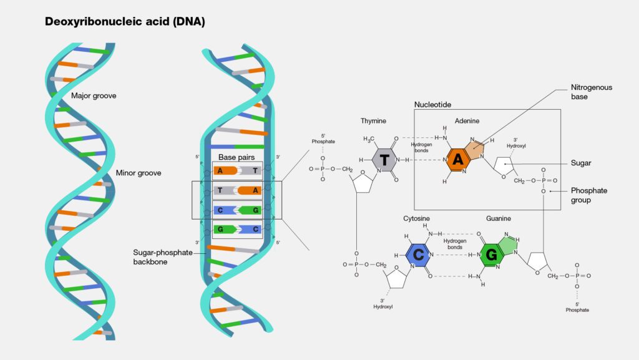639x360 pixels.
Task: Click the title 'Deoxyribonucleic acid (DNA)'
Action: tap(125, 21)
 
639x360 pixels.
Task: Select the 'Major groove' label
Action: tap(94, 95)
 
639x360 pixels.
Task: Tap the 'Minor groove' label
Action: tap(139, 173)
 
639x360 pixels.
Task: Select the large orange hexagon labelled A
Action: tap(458, 160)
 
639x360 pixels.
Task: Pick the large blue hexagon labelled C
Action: tap(417, 255)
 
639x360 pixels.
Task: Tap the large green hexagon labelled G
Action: tap(492, 255)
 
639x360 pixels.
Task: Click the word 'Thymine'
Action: tap(373, 120)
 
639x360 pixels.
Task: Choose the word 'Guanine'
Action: tap(499, 218)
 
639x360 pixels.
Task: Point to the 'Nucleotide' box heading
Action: tap(432, 104)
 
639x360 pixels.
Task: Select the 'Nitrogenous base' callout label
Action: tap(591, 92)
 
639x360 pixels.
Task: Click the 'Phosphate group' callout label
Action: tap(589, 195)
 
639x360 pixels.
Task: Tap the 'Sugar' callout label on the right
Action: tap(581, 163)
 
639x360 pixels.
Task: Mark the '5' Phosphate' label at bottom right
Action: tap(577, 306)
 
